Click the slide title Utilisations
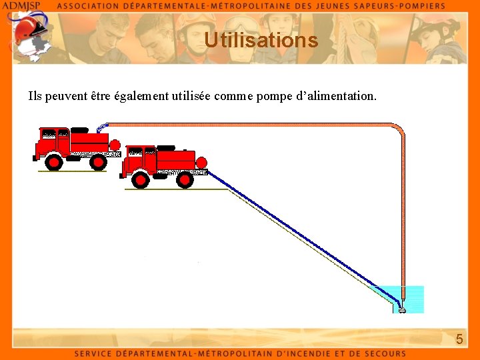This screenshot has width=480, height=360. pos(261,41)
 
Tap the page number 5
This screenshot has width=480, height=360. pos(459,340)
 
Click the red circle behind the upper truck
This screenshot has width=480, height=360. pos(115,145)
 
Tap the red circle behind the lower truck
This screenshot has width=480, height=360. pos(201,162)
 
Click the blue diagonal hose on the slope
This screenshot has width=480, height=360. pos(300,235)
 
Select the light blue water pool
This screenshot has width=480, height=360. pos(413,299)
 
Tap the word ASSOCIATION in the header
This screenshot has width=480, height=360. pos(93,5)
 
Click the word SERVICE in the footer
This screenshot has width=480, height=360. pos(95,354)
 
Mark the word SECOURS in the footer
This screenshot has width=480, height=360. pos(383,354)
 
